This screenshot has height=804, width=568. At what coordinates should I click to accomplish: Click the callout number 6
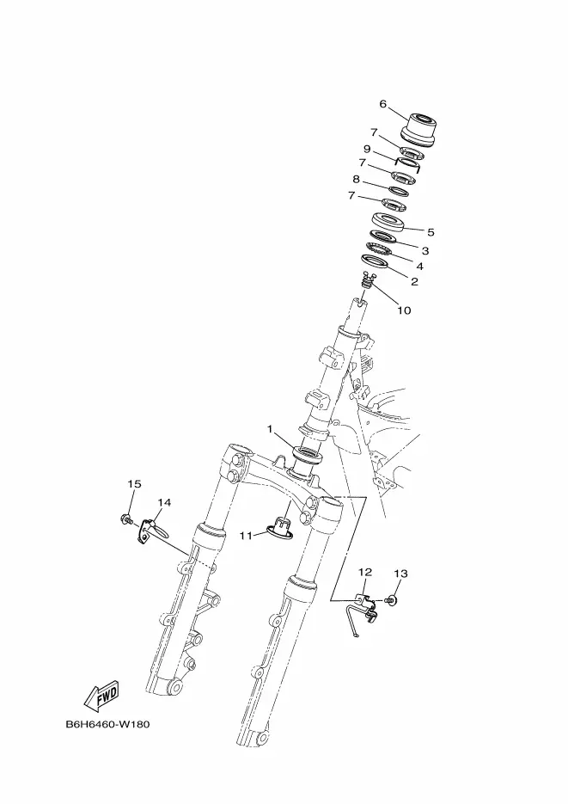click(383, 104)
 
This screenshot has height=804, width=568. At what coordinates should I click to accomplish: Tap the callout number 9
click(367, 149)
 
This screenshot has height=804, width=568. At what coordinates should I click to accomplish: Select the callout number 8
click(356, 179)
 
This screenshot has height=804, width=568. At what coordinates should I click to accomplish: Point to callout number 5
click(431, 232)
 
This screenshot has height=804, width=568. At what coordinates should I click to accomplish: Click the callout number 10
click(404, 310)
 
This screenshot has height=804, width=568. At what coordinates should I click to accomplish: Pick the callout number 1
click(269, 428)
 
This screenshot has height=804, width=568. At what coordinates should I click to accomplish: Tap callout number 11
click(246, 535)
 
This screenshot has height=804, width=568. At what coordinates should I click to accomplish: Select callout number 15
click(134, 484)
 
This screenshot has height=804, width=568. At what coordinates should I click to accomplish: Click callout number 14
click(164, 502)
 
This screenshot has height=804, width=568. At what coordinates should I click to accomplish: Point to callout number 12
click(365, 572)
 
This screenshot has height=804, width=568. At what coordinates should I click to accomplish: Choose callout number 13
click(401, 573)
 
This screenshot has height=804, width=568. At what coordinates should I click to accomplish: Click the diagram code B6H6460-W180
click(107, 724)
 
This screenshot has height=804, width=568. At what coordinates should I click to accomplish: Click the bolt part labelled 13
click(393, 599)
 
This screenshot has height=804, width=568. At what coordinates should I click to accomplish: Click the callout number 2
click(414, 281)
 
